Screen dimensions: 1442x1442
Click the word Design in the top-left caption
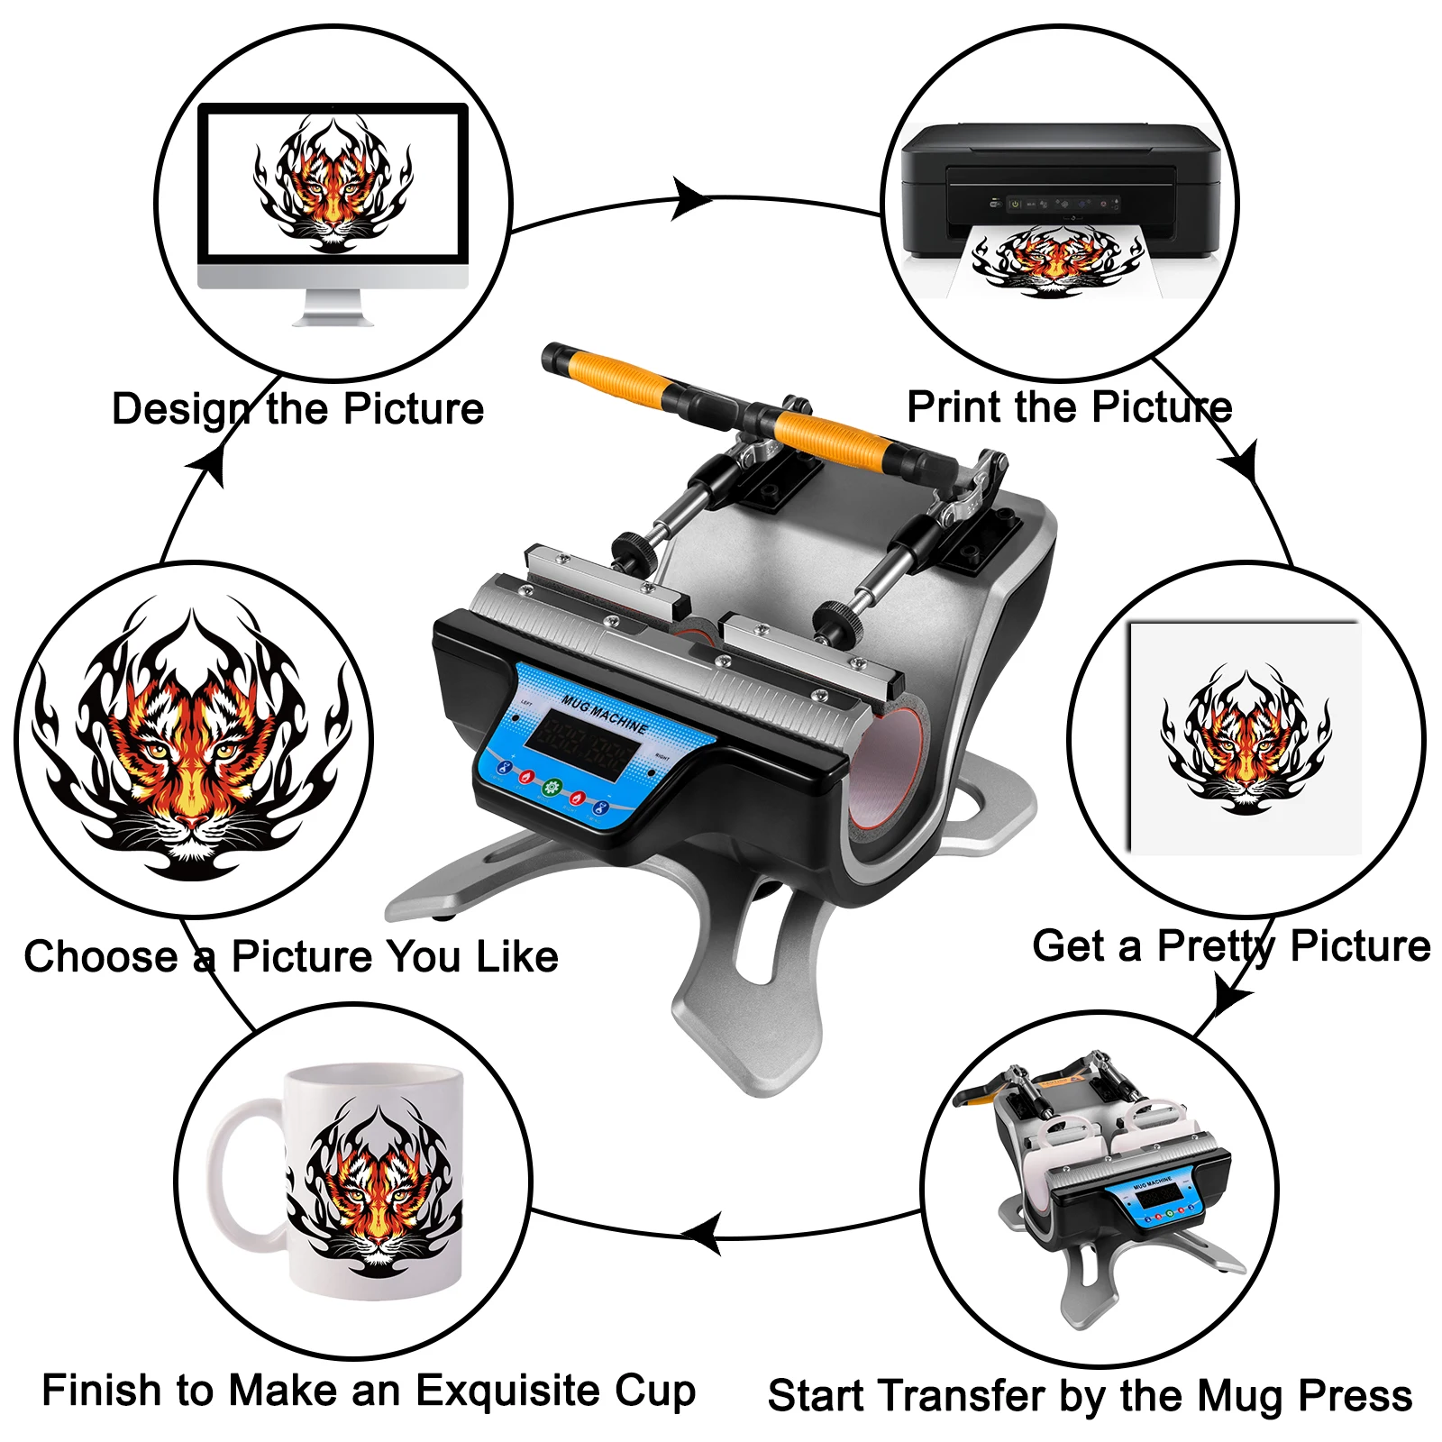[x=178, y=410]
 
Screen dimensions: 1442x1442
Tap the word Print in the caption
[x=954, y=407]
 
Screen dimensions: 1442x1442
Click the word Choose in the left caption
[x=101, y=957]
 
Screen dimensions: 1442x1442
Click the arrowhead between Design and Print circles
[x=690, y=199]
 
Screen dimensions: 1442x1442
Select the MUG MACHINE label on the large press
[x=605, y=713]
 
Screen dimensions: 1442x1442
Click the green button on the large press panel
[x=552, y=787]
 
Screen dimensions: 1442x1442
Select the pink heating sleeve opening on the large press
[x=888, y=766]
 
